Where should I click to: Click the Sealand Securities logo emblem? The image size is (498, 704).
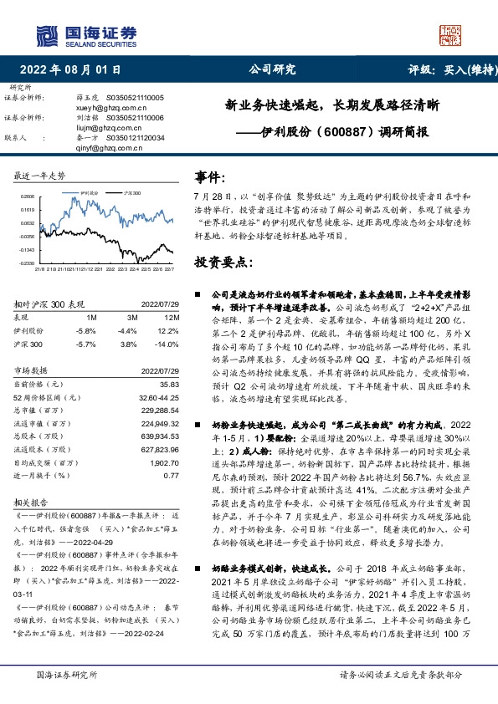(x=49, y=34)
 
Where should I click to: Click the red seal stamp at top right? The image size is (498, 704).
(x=450, y=35)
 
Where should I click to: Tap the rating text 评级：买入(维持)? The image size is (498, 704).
(x=449, y=70)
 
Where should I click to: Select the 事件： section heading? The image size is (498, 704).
(x=210, y=178)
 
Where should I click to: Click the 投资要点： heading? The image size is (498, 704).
(x=223, y=262)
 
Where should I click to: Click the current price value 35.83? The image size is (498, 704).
(x=170, y=383)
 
